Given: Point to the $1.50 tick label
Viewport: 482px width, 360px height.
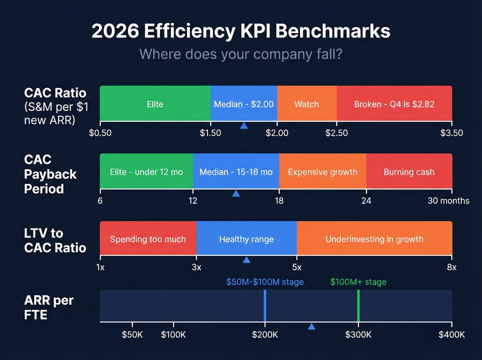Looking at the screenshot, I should [x=210, y=133].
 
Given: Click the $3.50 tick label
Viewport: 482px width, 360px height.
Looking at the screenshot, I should [x=451, y=133].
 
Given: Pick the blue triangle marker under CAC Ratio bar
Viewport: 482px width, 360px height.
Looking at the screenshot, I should [x=244, y=126].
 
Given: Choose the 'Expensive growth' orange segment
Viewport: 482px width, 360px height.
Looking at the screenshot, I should [x=323, y=172].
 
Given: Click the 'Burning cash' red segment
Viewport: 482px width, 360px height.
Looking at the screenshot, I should [x=409, y=172].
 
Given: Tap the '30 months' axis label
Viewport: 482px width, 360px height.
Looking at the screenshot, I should [x=448, y=201].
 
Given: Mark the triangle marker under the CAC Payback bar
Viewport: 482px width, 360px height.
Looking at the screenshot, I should [x=236, y=194].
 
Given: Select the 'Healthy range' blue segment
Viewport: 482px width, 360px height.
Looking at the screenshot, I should [x=247, y=239].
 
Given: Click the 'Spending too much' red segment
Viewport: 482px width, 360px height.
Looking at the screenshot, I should [x=148, y=239].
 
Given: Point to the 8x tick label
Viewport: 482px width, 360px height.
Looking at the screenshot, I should [x=451, y=267].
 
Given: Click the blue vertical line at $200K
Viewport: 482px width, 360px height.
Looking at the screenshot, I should [x=265, y=306].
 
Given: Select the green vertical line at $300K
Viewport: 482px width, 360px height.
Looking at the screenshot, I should [x=358, y=306].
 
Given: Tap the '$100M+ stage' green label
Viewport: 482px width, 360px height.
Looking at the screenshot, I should [x=358, y=282].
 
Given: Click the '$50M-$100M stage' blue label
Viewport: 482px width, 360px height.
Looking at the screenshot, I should [x=265, y=282].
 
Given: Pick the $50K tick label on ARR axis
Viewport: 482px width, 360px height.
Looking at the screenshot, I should [x=132, y=335].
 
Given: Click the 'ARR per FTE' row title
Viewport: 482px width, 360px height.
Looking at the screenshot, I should [x=49, y=307].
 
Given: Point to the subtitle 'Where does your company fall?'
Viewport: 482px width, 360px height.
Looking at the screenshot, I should [x=241, y=54].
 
